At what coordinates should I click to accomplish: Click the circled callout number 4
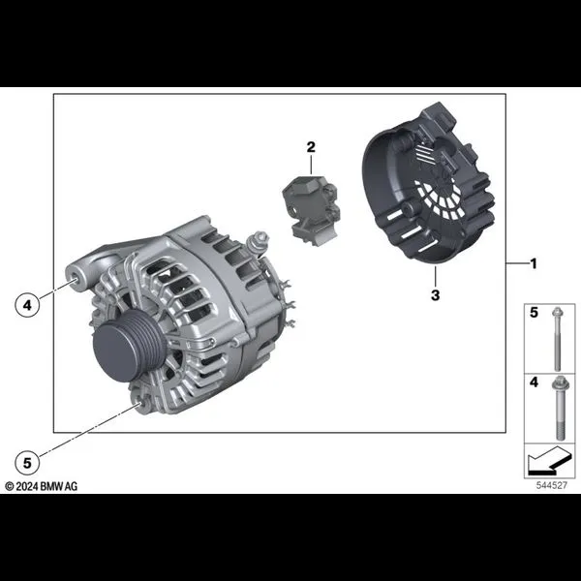[x=27, y=305]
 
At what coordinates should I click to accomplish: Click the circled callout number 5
[x=27, y=463]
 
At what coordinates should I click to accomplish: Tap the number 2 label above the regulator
[x=311, y=147]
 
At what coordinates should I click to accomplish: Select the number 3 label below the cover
[x=436, y=295]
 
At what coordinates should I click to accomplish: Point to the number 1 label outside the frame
[x=534, y=263]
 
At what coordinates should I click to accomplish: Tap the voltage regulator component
[x=311, y=210]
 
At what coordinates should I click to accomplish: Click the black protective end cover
[x=428, y=184]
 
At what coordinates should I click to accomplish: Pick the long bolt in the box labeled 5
[x=557, y=339]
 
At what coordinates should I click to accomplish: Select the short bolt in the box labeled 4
[x=560, y=408]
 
